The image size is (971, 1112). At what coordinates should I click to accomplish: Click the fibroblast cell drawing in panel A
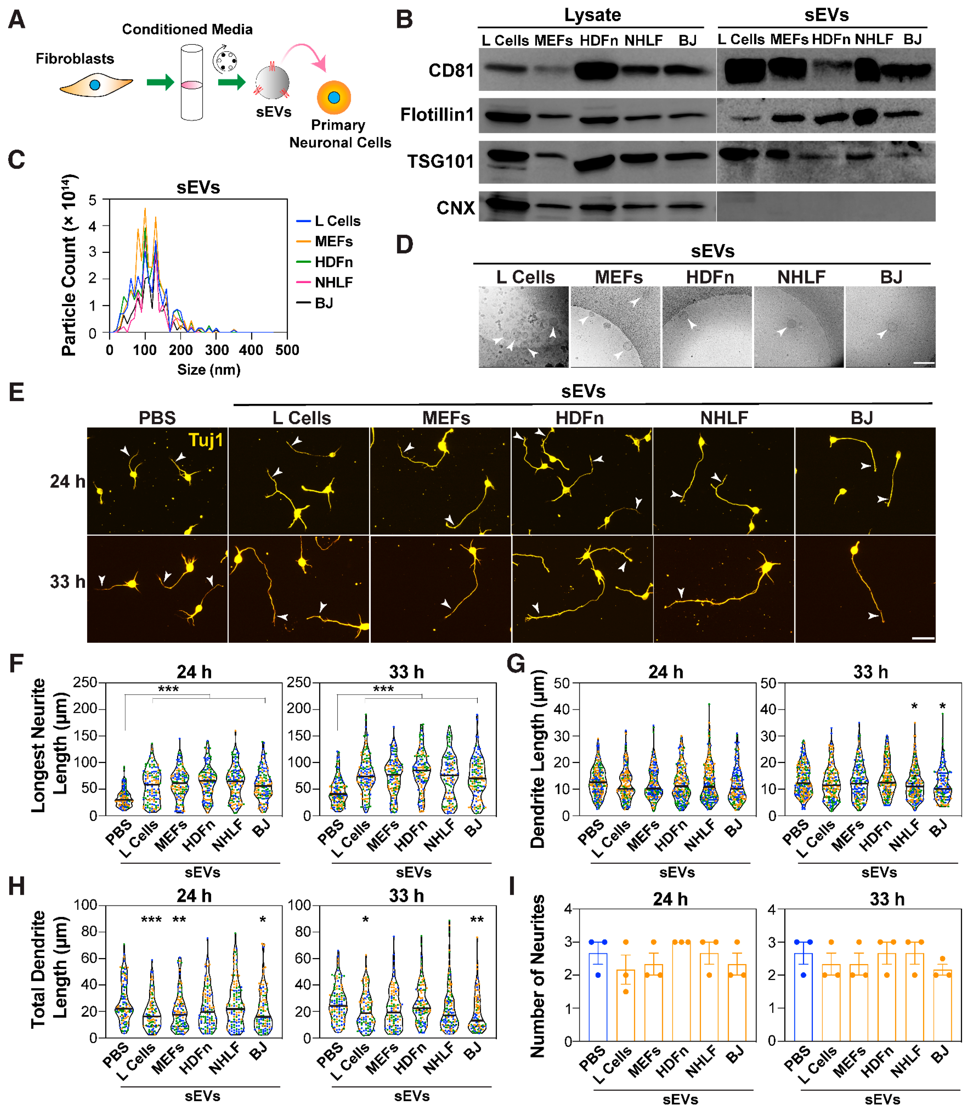[x=96, y=86]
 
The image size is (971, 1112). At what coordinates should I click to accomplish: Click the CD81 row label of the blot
[x=451, y=71]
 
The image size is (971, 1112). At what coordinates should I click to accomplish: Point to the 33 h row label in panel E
[x=67, y=582]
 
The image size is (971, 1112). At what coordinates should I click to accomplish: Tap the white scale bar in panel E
[x=923, y=638]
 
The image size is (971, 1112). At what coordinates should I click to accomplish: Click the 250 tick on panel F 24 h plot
[x=86, y=682]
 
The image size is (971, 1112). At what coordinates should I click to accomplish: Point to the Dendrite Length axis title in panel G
[x=538, y=759]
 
